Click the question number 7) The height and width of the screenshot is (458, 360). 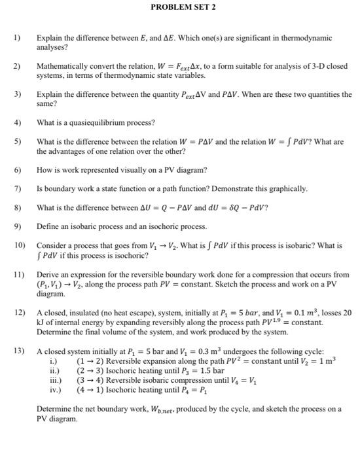click(18, 188)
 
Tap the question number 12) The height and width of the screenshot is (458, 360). click(19, 313)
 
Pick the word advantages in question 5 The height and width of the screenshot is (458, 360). click(75, 151)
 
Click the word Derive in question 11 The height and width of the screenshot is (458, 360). click(48, 275)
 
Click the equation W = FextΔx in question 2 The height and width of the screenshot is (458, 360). click(171, 67)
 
